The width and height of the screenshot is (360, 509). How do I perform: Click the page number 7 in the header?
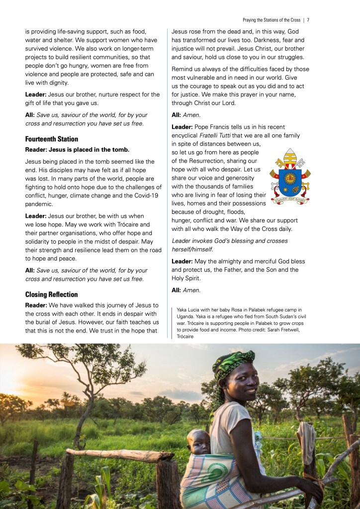308,20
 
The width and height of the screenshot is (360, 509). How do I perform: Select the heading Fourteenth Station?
52,139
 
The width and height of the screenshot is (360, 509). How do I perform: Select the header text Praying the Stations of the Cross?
271,20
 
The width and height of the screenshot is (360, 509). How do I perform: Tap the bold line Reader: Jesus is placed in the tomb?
77,149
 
